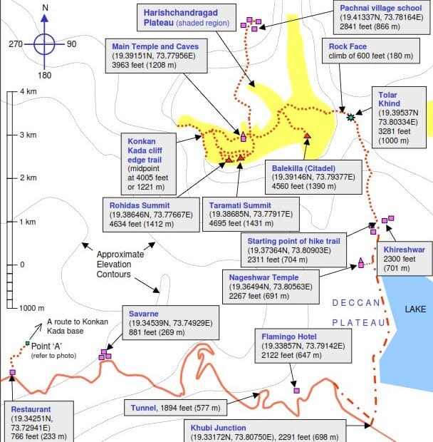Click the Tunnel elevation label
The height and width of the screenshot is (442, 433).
click(174, 408)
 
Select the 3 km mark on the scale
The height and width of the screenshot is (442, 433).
click(28, 134)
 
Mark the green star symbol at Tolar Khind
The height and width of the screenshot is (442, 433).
click(350, 116)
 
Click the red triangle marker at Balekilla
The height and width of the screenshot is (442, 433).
click(307, 135)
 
